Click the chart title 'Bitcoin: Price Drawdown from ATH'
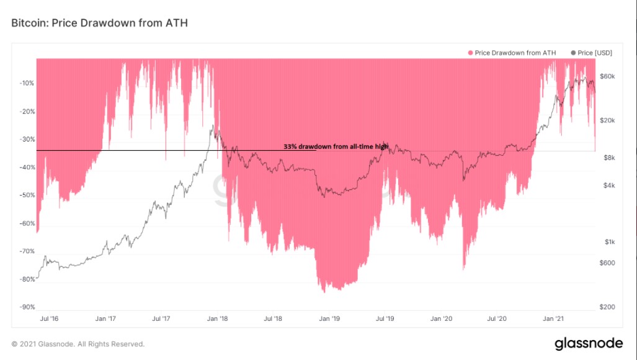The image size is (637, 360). coord(99,23)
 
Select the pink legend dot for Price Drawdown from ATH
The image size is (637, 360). coord(471,53)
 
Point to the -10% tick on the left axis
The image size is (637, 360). coord(27,83)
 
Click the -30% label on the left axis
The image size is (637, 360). coord(27,140)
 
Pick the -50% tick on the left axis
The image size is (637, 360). coord(27,196)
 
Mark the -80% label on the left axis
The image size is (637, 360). coord(27,279)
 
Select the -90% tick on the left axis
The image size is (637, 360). coord(27,307)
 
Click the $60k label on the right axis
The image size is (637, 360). coord(607,76)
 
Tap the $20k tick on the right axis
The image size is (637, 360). coord(607,120)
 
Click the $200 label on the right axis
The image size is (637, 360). coord(607,307)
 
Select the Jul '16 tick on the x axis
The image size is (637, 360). coord(50,318)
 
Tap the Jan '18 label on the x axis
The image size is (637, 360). coord(217,318)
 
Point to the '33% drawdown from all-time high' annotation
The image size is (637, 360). coord(336,146)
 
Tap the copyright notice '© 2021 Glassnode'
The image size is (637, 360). coord(78,344)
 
